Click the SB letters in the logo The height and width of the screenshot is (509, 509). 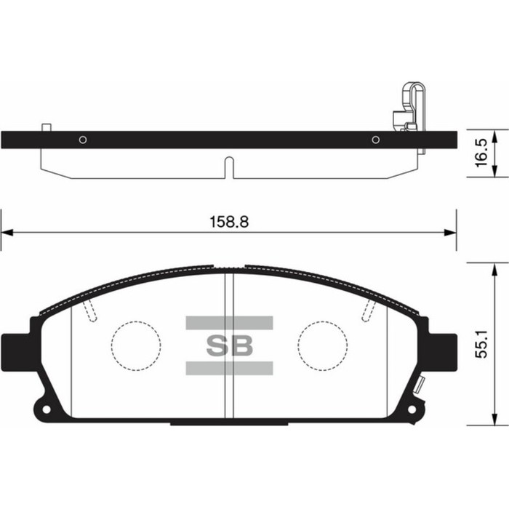coord(229,346)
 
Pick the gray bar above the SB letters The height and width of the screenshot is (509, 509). coord(229,323)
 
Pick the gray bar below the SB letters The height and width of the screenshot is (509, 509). coord(229,368)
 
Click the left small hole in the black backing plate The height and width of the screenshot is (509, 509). coord(83,140)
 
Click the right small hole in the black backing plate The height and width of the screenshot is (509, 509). coord(376,140)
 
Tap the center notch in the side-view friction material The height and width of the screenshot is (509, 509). coord(229,167)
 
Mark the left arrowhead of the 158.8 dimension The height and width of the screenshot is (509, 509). coord(7,233)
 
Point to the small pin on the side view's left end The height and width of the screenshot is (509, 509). coord(46,127)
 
